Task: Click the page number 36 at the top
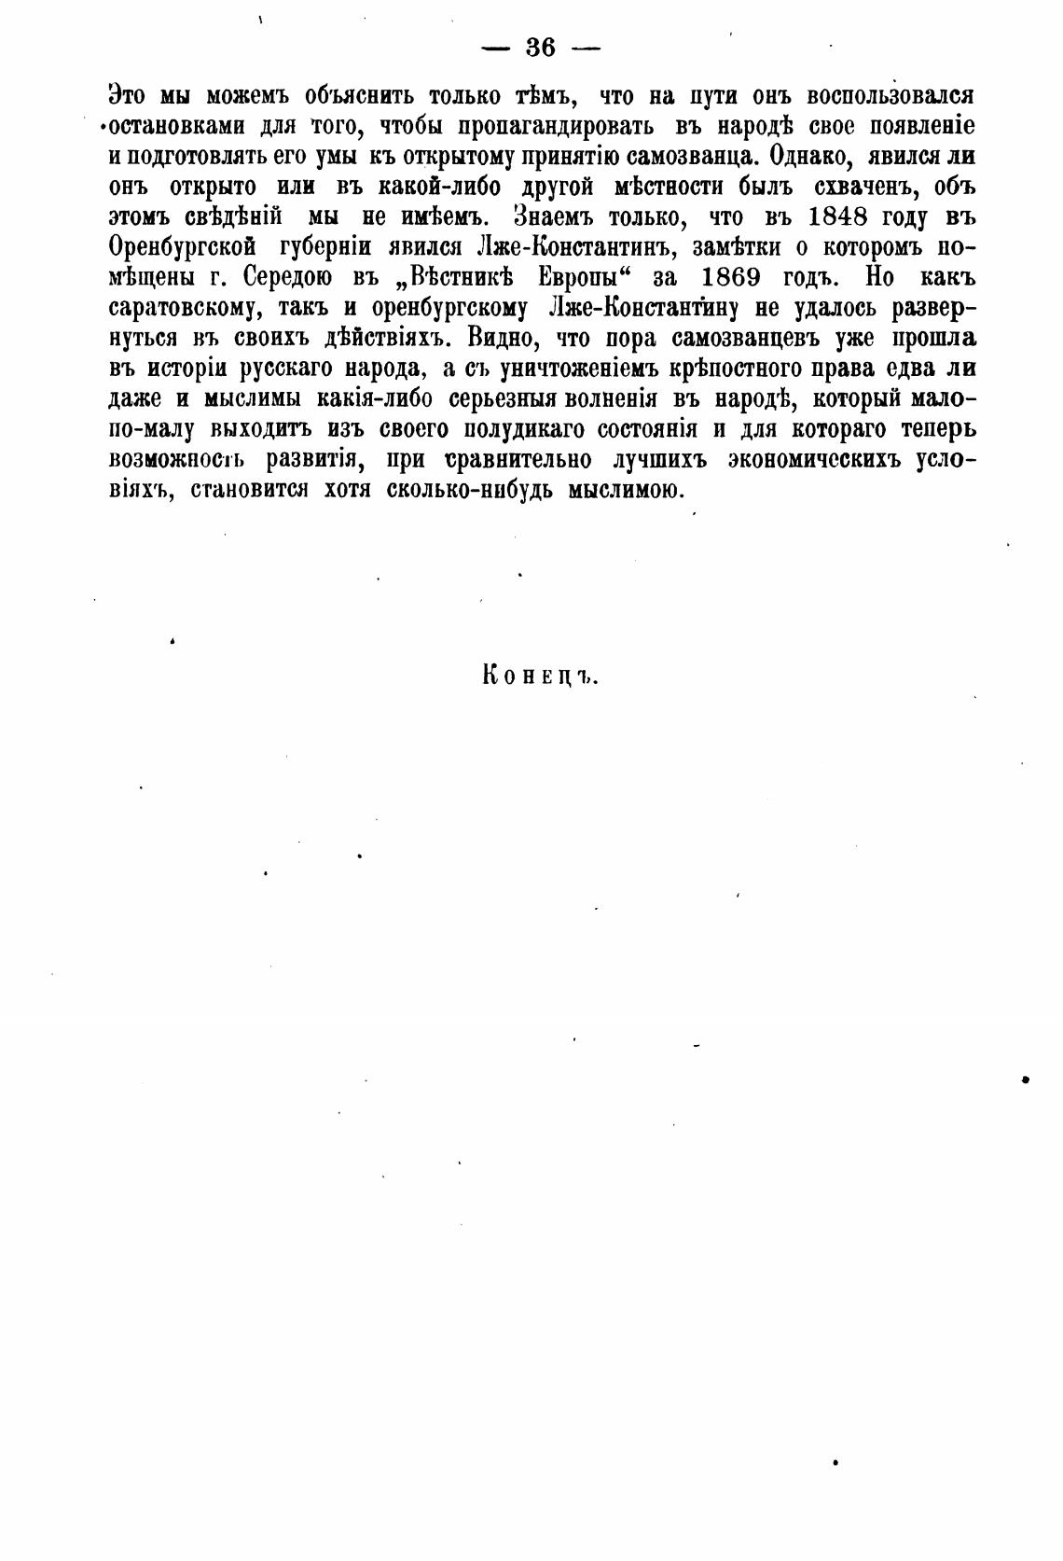[541, 48]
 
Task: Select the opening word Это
[127, 95]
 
